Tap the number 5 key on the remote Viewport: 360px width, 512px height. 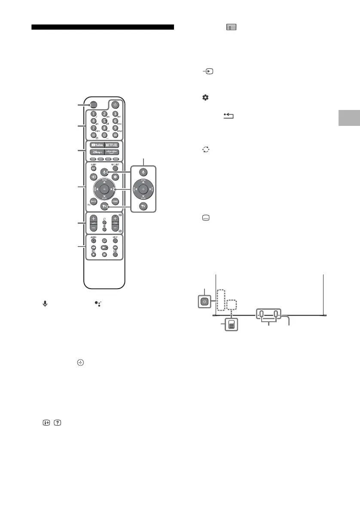104,121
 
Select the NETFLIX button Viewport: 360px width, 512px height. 113,145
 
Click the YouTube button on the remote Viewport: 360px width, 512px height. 95,145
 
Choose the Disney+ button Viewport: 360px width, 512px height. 95,152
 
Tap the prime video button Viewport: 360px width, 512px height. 113,152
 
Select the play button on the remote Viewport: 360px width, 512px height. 104,248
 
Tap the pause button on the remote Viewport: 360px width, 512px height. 104,254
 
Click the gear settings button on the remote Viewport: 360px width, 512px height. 115,177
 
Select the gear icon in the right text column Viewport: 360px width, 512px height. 205,98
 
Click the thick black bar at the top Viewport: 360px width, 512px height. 103,28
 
